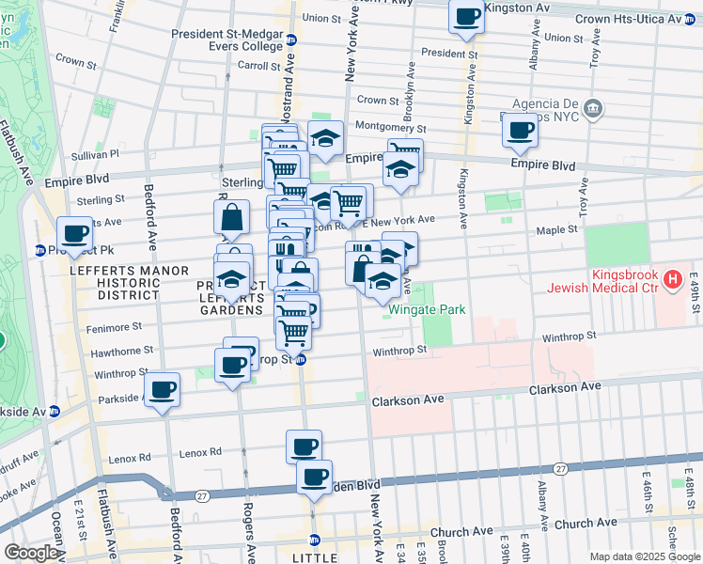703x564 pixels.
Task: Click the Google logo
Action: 30,553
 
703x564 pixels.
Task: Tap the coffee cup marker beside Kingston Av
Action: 466,16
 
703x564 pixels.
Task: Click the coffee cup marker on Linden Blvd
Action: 314,477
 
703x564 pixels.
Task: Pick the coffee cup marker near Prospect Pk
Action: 74,233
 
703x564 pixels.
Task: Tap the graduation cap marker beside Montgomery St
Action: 325,137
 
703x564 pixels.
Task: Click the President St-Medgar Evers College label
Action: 228,34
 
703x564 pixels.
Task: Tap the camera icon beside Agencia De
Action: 592,108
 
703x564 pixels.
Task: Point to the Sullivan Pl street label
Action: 94,153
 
